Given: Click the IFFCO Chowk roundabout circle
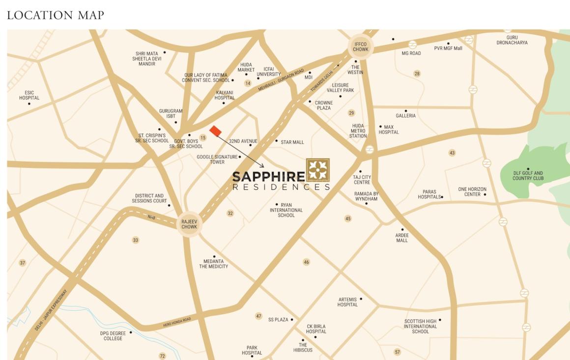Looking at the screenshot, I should (x=361, y=47).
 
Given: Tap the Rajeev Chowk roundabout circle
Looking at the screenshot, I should (x=189, y=224).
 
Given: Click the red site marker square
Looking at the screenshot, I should (x=215, y=131).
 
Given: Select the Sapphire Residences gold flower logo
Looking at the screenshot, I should (x=318, y=170).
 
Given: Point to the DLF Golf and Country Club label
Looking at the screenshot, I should (x=528, y=175).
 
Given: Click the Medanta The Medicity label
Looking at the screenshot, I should (x=213, y=264).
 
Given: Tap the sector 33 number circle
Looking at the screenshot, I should (x=136, y=240).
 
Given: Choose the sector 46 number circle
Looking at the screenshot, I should (x=306, y=262).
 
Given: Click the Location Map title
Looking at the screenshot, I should (x=56, y=15).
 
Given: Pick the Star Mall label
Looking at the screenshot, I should (x=292, y=142).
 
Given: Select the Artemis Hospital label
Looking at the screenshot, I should (x=347, y=302).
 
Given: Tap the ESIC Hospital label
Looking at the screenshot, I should (x=29, y=95).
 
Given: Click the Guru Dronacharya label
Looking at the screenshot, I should (x=512, y=40).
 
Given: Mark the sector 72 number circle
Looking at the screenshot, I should (x=162, y=356).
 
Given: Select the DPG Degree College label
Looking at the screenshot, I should (x=113, y=336).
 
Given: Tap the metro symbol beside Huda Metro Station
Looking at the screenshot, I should (x=370, y=149).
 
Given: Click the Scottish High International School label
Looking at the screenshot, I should (x=420, y=326).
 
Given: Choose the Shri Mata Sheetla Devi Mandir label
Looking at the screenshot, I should (x=146, y=59).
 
